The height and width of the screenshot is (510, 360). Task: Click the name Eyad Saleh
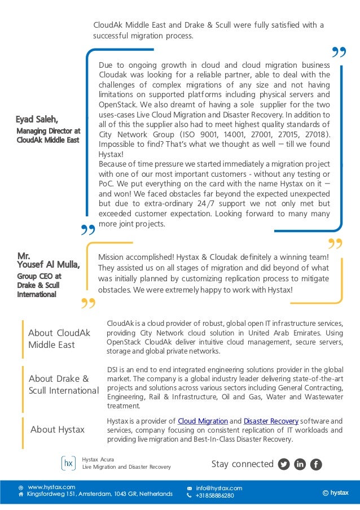[x=37, y=119]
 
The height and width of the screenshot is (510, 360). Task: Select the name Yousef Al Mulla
[x=49, y=264]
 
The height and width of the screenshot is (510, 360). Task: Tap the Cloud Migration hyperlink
[x=203, y=421]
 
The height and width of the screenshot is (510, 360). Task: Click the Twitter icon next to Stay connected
[x=284, y=464]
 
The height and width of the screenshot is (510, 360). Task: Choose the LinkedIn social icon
[x=300, y=464]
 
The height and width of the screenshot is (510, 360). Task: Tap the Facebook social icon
[x=316, y=464]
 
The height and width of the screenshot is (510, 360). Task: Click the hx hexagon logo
[x=68, y=464]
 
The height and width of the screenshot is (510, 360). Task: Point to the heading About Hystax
[x=57, y=430]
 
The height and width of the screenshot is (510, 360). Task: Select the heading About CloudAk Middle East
[x=59, y=339]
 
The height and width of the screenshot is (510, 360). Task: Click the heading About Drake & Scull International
[x=63, y=385]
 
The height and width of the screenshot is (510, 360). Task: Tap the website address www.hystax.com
[x=51, y=487]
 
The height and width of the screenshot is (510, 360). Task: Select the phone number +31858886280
[x=214, y=496]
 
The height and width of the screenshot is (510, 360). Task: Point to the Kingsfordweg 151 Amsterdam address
[x=99, y=494]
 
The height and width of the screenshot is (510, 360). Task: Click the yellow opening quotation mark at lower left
[x=87, y=306]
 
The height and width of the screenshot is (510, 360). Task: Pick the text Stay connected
[x=242, y=464]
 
